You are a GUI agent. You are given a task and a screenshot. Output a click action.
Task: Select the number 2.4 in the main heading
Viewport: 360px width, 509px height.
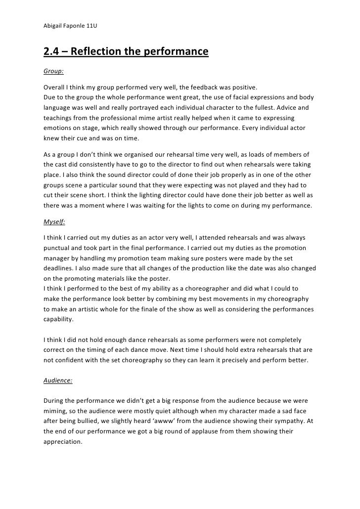tap(52, 52)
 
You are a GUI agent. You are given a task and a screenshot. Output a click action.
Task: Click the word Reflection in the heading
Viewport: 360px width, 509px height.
tap(99, 52)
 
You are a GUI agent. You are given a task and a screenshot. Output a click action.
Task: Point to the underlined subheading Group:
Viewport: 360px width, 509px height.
tap(53, 71)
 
